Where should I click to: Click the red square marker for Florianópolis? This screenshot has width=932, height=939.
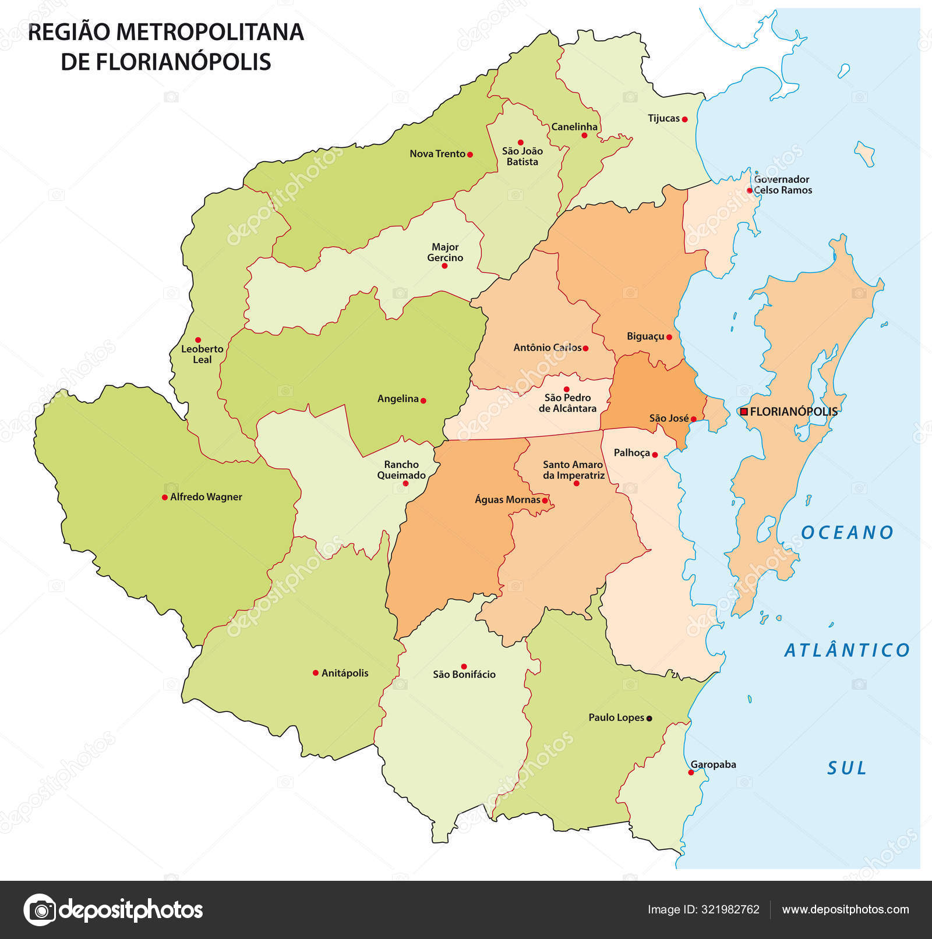tap(744, 412)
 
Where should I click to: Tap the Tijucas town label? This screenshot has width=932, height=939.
tap(663, 118)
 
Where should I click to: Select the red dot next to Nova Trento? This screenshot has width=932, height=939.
tap(470, 154)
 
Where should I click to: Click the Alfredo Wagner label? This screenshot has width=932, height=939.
tap(206, 497)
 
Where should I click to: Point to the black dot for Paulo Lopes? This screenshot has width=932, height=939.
tap(649, 718)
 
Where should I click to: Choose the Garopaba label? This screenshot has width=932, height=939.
tap(713, 764)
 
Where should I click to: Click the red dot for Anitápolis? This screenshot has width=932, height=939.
tap(316, 673)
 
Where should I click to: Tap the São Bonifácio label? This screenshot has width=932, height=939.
tap(464, 675)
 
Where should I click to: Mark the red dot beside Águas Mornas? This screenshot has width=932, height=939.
tap(545, 501)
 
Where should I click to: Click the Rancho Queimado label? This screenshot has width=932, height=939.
tap(401, 470)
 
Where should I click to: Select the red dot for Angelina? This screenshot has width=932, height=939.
tap(423, 401)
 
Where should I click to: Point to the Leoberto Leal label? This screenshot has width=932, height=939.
tap(202, 354)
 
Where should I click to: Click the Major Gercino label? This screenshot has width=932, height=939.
tap(445, 253)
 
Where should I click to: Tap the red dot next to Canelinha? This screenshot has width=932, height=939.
tap(584, 136)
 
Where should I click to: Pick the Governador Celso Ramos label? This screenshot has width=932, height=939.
tap(782, 185)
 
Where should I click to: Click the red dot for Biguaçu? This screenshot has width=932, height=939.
tap(669, 337)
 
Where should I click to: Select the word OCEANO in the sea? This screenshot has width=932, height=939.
tap(847, 533)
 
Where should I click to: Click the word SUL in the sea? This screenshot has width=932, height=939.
tap(847, 768)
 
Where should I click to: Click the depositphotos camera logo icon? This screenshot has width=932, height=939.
tap(40, 909)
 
